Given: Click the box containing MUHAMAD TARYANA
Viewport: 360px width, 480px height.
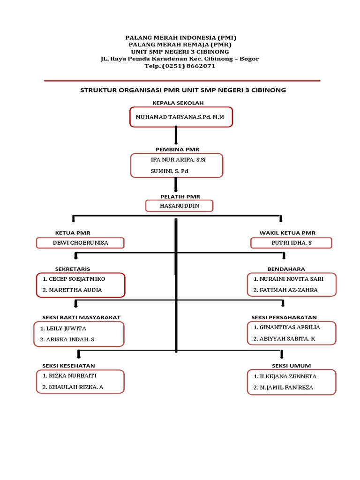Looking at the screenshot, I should pos(181,117).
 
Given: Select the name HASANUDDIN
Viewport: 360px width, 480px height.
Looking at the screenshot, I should pos(179,206).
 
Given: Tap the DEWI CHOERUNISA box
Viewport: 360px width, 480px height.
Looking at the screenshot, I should pos(80,243).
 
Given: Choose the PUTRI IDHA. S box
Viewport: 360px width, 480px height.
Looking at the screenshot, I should pos(291,243).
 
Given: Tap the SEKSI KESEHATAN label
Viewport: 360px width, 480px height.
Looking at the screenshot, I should pos(68,366).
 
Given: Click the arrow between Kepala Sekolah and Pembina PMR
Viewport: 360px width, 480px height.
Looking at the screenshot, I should pos(176,136).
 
